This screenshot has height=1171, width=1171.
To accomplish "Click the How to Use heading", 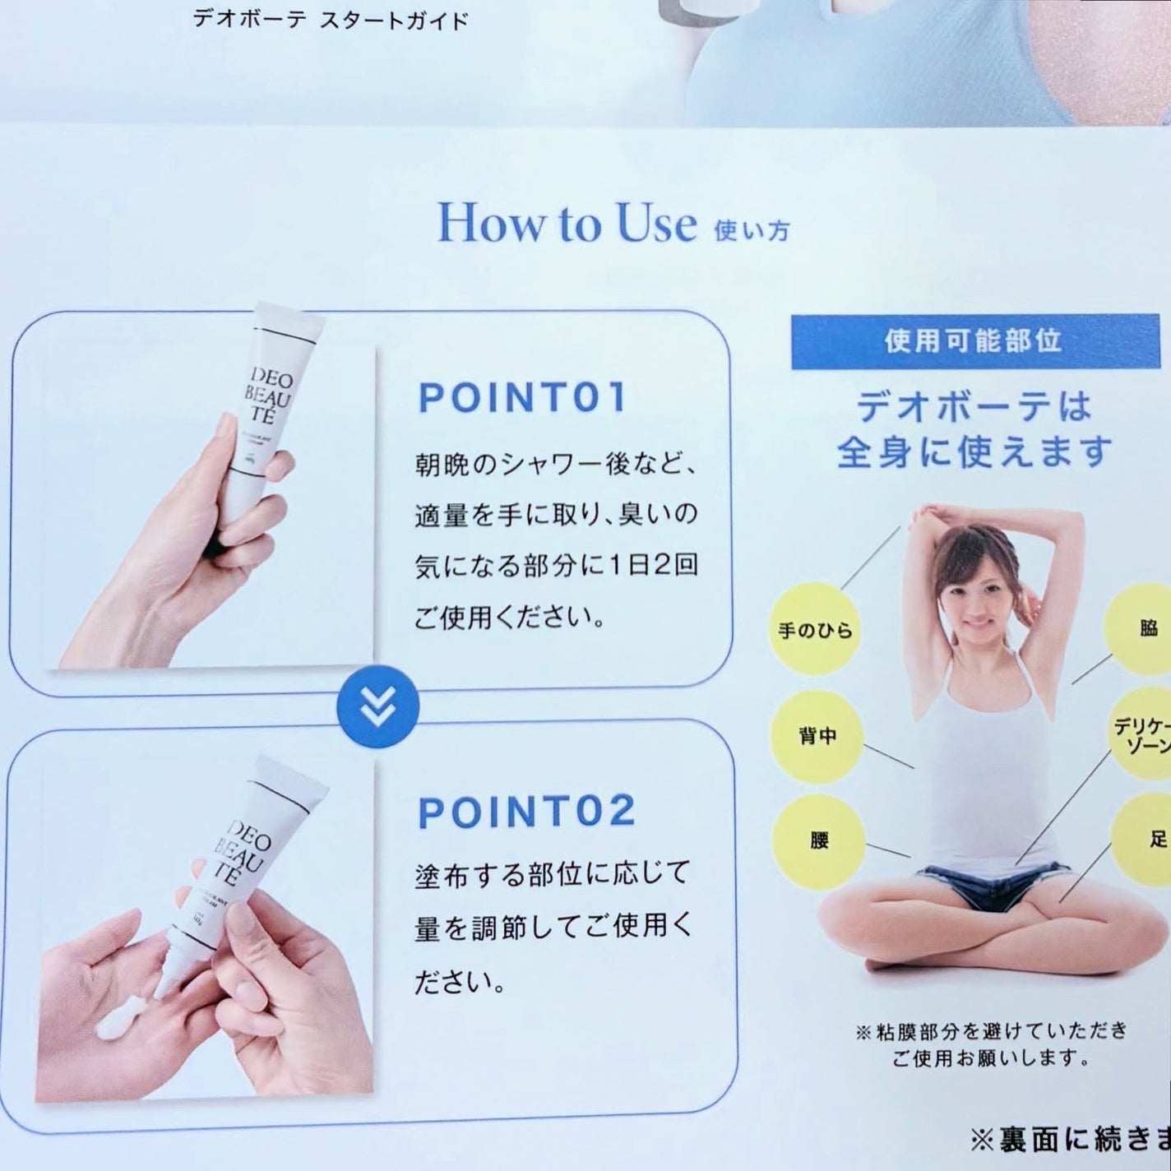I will tap(567, 222).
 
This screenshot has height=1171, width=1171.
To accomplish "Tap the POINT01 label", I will tap(522, 397).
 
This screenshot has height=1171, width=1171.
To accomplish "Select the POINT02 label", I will tap(526, 812).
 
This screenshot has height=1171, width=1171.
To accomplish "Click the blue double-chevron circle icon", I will tap(378, 706).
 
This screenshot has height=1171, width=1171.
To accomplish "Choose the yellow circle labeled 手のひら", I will tap(815, 630).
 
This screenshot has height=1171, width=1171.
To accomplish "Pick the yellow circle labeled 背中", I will tap(817, 735).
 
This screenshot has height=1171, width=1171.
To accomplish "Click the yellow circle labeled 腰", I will tap(819, 840).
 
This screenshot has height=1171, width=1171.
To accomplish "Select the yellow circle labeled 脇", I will tap(1146, 629).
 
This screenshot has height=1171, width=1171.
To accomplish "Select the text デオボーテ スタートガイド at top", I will tap(330, 20).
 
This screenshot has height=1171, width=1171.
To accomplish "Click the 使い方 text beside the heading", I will tap(752, 230).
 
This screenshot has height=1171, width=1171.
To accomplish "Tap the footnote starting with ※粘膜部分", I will tap(990, 1044).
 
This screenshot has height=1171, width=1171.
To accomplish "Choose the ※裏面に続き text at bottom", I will tap(1069, 1139).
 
